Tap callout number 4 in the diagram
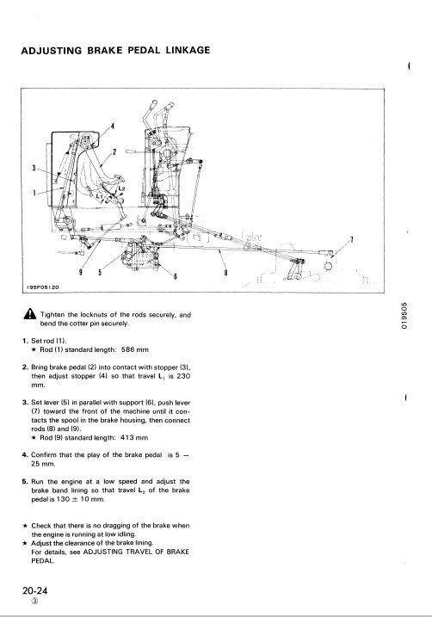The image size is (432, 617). tap(113, 126)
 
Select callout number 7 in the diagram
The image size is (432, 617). tap(351, 239)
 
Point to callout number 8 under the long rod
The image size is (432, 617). tap(225, 272)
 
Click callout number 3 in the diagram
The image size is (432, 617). tap(34, 168)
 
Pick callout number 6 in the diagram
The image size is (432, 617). tap(175, 276)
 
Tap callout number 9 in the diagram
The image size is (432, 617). tap(81, 272)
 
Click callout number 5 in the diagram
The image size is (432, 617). tap(100, 272)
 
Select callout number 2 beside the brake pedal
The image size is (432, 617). tap(114, 152)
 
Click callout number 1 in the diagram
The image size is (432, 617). tap(34, 193)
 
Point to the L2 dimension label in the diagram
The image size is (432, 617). tap(122, 189)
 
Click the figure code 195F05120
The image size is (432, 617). tap(43, 287)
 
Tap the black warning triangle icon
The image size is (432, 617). tap(29, 314)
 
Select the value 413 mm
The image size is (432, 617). tap(134, 437)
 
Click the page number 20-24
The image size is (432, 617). tap(35, 590)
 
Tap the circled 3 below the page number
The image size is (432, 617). tap(35, 601)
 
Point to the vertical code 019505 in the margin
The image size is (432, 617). tap(404, 316)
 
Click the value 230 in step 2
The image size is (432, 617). tap(182, 376)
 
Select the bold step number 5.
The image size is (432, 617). tap(25, 481)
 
